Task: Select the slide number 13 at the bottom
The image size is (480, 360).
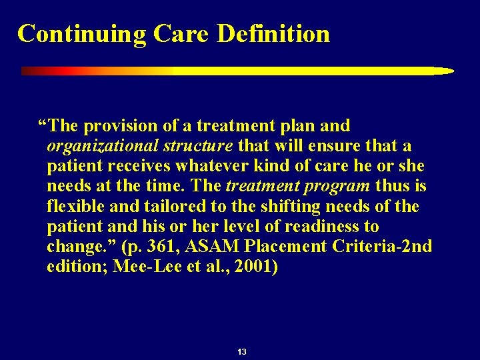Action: (241, 351)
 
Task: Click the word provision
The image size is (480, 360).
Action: (124, 125)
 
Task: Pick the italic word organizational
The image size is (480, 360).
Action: (93, 145)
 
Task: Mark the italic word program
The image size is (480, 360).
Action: (339, 186)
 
